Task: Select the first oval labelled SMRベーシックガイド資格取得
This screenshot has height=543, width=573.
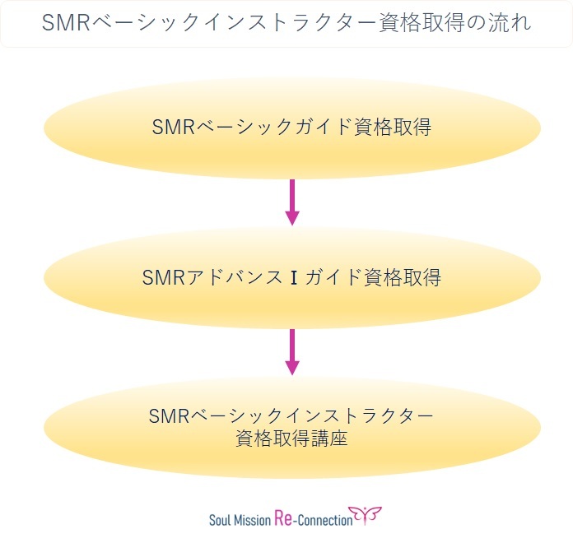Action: (x=292, y=128)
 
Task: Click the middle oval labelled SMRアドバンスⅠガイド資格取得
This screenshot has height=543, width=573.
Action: (x=292, y=277)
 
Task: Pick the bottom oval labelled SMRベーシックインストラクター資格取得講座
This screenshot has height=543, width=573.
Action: (x=292, y=426)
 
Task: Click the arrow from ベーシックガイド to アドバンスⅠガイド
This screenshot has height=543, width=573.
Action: (x=292, y=202)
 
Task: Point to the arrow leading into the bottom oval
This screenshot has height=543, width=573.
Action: (x=292, y=351)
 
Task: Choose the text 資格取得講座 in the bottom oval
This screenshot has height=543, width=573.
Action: (x=292, y=439)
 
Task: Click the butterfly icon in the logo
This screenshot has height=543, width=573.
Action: (x=366, y=515)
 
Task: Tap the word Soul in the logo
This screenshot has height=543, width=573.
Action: (x=221, y=519)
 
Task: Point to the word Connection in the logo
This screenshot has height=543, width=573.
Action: (x=326, y=519)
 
